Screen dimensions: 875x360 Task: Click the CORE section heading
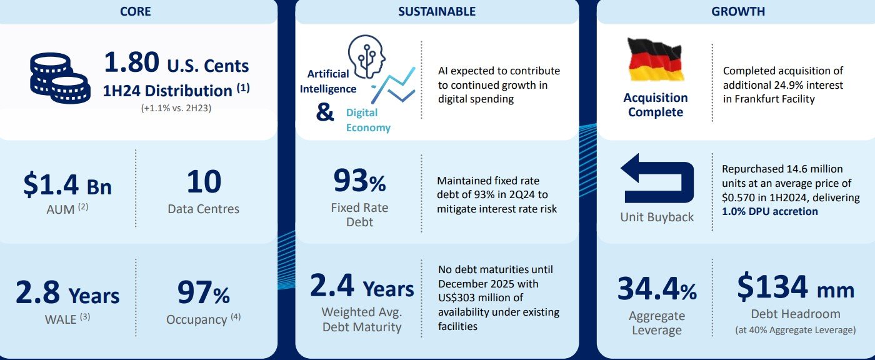[x=135, y=11]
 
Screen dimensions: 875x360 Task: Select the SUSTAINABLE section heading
[x=437, y=11]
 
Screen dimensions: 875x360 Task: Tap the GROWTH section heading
[x=738, y=11]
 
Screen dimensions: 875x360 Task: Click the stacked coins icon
[x=60, y=78]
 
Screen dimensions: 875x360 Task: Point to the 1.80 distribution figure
[x=132, y=62]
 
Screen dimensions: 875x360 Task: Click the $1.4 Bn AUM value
[x=67, y=184]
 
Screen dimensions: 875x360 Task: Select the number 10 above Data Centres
[x=204, y=181]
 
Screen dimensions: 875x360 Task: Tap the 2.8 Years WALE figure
[x=67, y=293]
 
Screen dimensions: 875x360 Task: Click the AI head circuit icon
[x=366, y=57]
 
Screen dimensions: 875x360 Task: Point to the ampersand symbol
[x=325, y=112]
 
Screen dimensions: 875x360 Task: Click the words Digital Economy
[x=368, y=120]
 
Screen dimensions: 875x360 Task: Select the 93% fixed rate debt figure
[x=359, y=181]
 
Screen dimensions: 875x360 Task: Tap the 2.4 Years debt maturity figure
[x=362, y=286]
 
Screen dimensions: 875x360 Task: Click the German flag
[x=656, y=60]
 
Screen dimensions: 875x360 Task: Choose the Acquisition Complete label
[x=656, y=104]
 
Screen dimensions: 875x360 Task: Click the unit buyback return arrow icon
[x=657, y=178]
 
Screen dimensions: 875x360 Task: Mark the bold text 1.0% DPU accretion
[x=769, y=212]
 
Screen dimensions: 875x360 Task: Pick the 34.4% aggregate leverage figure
[x=657, y=289]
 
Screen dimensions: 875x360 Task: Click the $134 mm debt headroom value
[x=796, y=287]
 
